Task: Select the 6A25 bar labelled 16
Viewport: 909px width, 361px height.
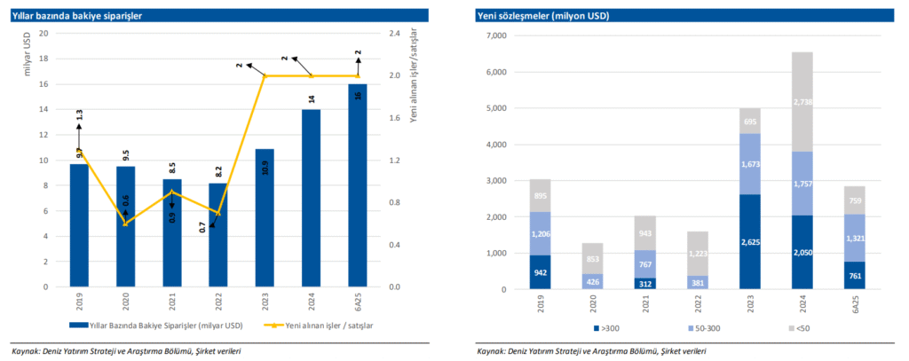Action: tap(357, 185)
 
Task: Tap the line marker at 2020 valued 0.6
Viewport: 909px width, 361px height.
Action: tap(124, 224)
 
